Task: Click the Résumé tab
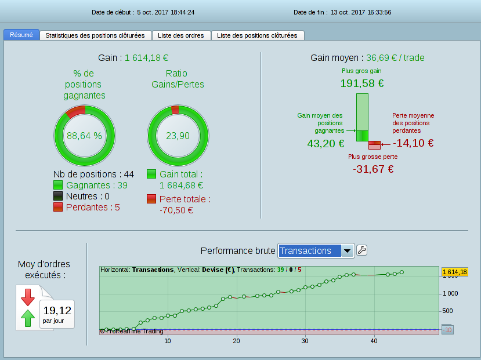click(x=21, y=35)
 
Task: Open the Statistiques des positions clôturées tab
click(x=95, y=35)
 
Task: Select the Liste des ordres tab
click(x=181, y=35)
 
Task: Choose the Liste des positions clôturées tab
click(x=257, y=35)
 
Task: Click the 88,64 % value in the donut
click(x=84, y=136)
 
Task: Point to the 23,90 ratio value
click(x=178, y=136)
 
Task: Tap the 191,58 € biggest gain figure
click(x=361, y=83)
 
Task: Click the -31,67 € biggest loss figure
click(x=373, y=169)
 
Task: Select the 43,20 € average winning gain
click(x=326, y=143)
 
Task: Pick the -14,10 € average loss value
click(x=413, y=143)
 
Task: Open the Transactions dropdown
click(x=316, y=250)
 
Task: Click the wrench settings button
click(x=361, y=250)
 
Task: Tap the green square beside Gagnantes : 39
click(x=58, y=185)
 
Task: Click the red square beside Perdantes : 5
click(x=58, y=207)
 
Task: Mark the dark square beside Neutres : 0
click(x=58, y=196)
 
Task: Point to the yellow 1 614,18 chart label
click(x=454, y=271)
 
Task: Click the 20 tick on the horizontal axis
click(x=236, y=341)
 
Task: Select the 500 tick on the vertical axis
click(x=447, y=311)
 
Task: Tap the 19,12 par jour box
click(x=57, y=314)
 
